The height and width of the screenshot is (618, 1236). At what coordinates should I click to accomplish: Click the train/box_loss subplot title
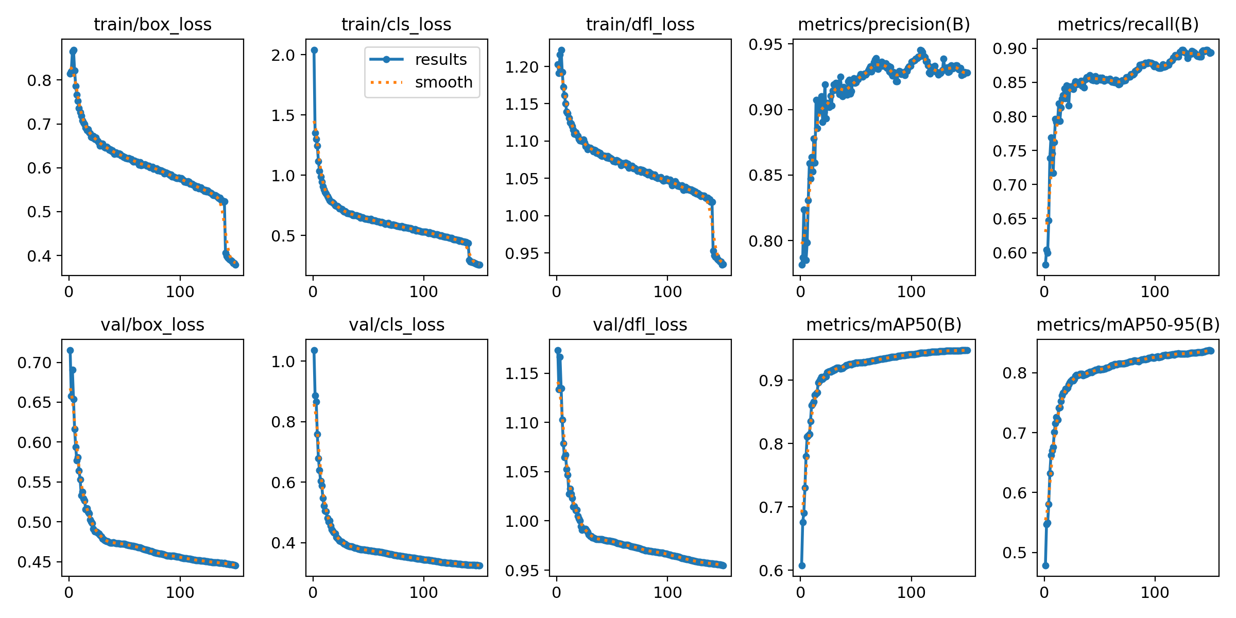click(x=152, y=24)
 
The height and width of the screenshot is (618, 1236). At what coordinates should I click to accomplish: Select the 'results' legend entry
click(x=440, y=59)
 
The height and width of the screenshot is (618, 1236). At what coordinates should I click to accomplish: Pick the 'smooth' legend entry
click(x=443, y=82)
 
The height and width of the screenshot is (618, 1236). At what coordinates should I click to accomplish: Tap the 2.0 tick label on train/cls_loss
click(x=283, y=55)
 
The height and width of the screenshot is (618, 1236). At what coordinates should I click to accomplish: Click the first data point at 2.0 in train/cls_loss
click(x=314, y=50)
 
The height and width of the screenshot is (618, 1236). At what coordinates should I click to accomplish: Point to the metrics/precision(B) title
click(x=884, y=24)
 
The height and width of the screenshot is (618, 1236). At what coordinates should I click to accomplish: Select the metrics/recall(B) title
click(x=1128, y=24)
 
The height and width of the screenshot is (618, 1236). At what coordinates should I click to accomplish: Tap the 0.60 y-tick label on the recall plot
click(x=1009, y=253)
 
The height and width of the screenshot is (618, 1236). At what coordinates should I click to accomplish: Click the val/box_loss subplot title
click(x=152, y=324)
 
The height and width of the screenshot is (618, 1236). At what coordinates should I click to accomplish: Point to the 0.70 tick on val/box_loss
click(x=35, y=363)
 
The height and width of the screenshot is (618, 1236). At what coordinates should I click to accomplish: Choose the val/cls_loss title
click(x=397, y=324)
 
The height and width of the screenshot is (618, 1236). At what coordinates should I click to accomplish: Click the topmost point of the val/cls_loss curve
click(x=314, y=351)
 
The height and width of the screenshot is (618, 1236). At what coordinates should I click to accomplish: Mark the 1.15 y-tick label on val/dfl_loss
click(x=522, y=373)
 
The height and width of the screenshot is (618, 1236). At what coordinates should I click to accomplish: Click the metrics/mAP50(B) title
click(x=884, y=324)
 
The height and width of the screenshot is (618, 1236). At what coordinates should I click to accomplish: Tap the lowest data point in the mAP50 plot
click(x=802, y=565)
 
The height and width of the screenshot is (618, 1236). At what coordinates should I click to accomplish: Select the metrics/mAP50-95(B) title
click(x=1128, y=324)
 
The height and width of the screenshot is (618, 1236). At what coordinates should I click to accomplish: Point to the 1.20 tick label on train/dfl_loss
click(x=522, y=67)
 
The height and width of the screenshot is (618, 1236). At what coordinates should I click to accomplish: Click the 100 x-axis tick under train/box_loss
click(x=180, y=291)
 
